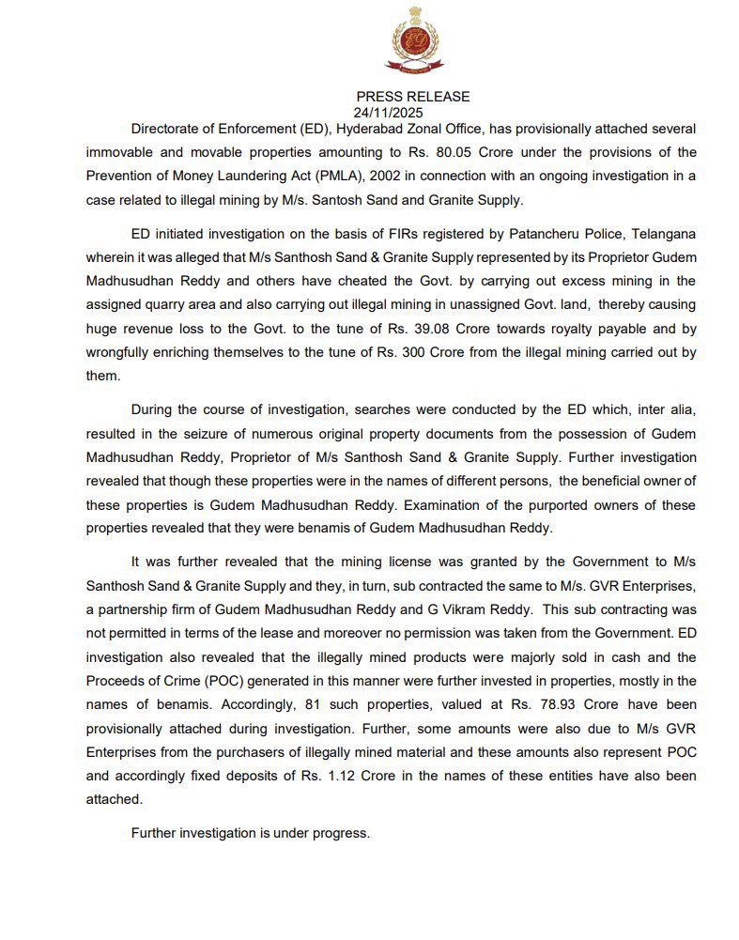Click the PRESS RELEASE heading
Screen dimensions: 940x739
[413, 97]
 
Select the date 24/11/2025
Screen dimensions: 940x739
[392, 111]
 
